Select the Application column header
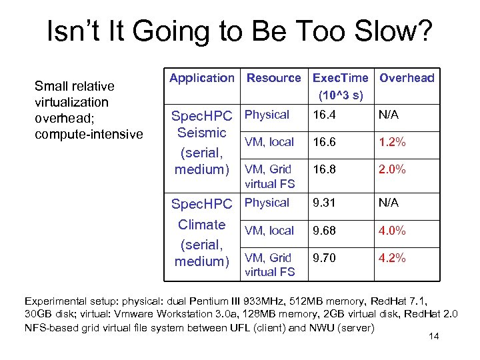coord(202,78)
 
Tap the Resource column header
coord(273,78)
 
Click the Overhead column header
coord(407,78)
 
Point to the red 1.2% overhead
coord(392,142)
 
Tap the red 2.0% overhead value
coord(392,169)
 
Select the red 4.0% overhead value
coord(392,231)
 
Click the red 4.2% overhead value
coord(392,258)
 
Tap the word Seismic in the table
coord(202,133)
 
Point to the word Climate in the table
coord(202,225)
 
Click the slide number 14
coord(433,336)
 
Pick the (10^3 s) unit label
coord(341,95)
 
